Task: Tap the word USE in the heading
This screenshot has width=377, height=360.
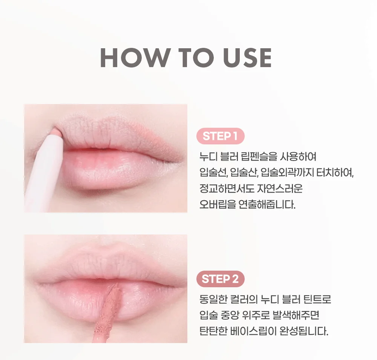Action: tap(247, 58)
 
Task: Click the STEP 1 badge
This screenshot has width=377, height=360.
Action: tap(221, 136)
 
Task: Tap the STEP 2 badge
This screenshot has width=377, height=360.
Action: tap(221, 279)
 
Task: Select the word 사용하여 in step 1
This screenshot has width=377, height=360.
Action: tap(298, 156)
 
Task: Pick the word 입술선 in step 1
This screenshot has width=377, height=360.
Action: tap(213, 173)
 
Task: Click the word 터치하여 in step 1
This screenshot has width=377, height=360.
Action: tap(334, 173)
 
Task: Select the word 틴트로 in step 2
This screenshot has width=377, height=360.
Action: tap(317, 299)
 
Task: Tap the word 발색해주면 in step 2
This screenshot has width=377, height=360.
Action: tap(296, 315)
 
